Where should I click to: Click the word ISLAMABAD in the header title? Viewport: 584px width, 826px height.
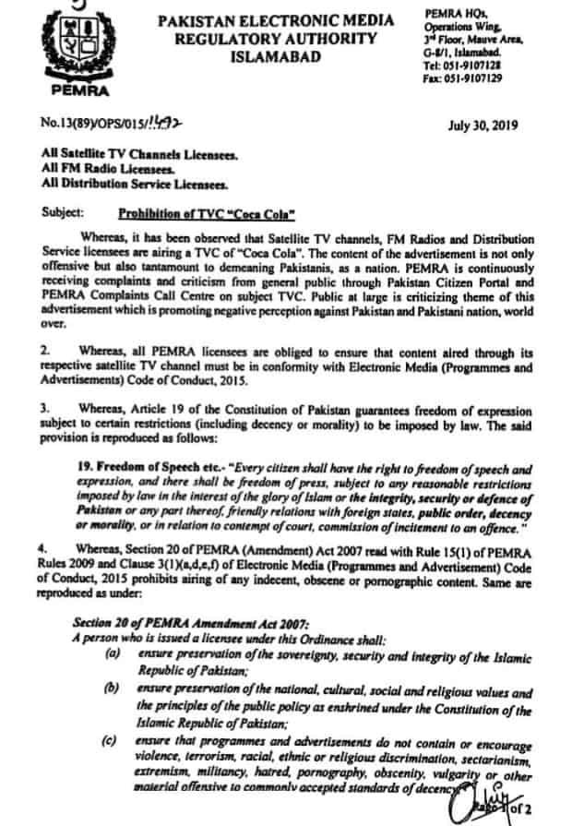(x=278, y=57)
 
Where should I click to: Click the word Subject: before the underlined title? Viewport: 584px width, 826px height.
(x=63, y=211)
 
